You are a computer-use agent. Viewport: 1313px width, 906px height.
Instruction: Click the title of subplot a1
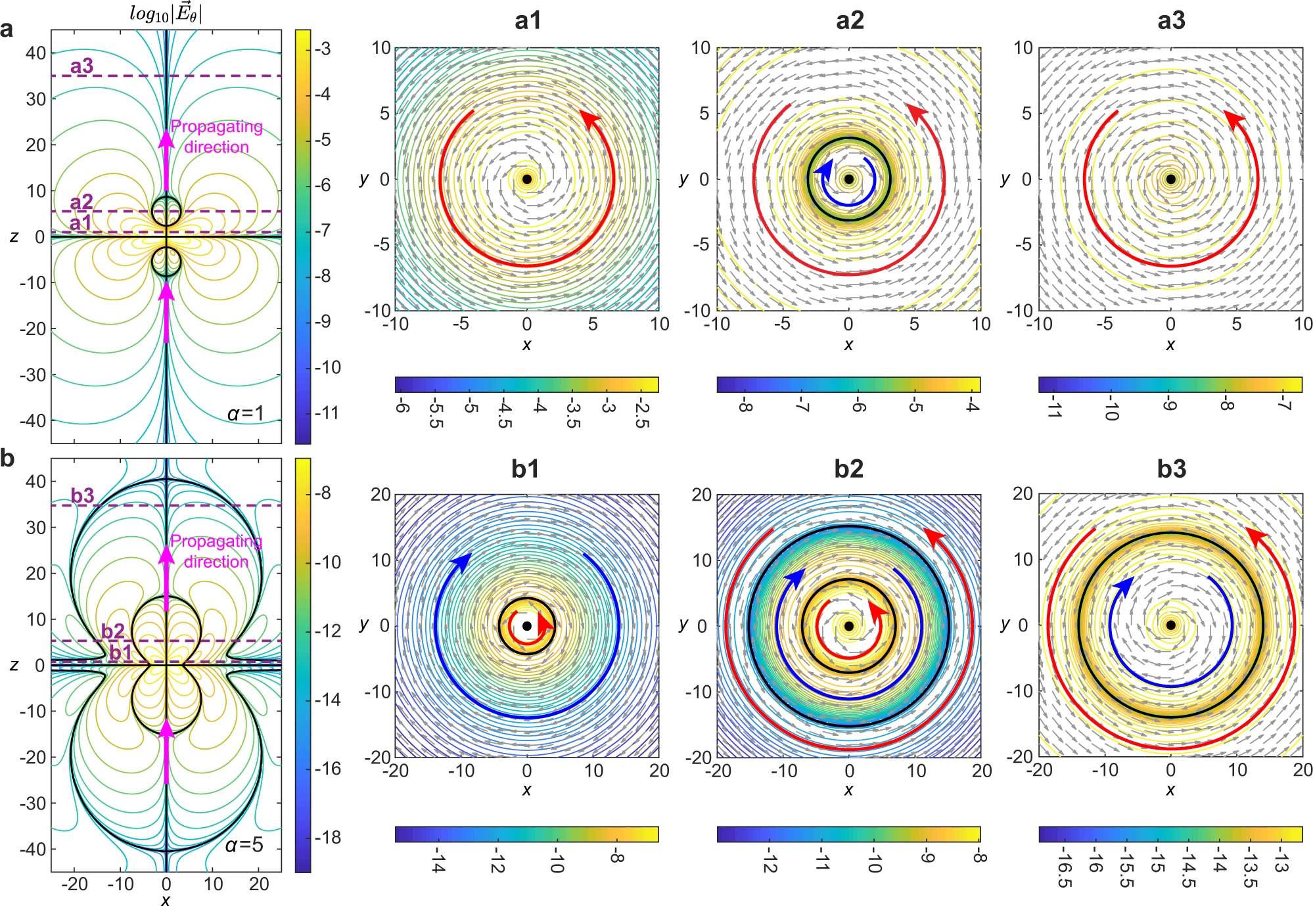(528, 21)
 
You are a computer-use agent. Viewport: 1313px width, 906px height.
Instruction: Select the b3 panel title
(1171, 469)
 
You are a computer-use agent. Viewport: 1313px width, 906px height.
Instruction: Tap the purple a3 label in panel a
(82, 66)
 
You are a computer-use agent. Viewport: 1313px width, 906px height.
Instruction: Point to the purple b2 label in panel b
(112, 631)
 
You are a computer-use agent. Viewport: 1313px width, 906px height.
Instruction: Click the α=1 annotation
(246, 413)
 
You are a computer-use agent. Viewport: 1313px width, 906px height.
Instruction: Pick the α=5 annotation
(244, 844)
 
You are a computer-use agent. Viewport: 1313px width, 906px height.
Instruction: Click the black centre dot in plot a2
(848, 179)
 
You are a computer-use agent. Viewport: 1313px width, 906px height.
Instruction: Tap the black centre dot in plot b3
(1170, 625)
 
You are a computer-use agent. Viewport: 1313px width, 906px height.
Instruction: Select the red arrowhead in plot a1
(589, 120)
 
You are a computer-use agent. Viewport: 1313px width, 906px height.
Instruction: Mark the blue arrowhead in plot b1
(462, 562)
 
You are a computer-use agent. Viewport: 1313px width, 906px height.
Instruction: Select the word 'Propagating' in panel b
(216, 541)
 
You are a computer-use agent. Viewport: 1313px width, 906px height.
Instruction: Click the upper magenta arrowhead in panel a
(166, 139)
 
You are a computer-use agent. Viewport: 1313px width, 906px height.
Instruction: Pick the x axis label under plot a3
(1170, 345)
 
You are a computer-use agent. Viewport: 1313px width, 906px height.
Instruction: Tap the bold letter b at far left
(7, 458)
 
